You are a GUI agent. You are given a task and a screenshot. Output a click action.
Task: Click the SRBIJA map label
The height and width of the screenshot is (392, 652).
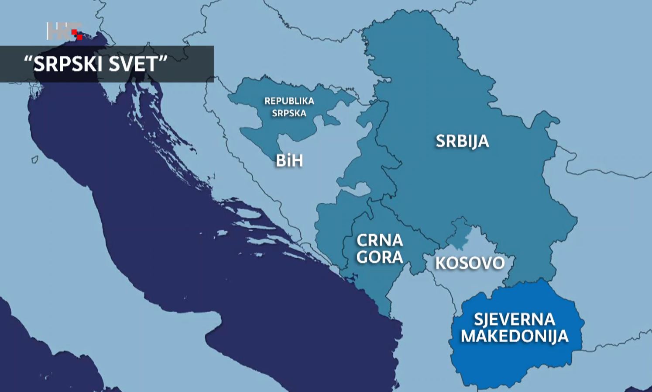[x=462, y=141]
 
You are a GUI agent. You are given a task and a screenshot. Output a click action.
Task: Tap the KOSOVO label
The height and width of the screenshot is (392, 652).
[x=470, y=263]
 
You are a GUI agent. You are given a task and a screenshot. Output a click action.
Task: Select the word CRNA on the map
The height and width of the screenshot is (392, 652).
[x=379, y=240]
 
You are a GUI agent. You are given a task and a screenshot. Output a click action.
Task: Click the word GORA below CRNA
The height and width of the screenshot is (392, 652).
[x=379, y=257]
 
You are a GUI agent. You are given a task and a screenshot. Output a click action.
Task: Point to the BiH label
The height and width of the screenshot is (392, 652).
[x=289, y=161]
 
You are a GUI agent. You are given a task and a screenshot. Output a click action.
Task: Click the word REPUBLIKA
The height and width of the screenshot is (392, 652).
[x=289, y=101]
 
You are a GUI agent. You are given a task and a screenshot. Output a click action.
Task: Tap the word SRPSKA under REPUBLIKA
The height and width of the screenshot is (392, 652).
[x=289, y=113]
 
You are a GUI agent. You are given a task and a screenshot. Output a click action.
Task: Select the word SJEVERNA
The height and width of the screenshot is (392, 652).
[x=514, y=319]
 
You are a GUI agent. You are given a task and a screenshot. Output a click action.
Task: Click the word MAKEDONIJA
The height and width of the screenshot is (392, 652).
[x=515, y=336]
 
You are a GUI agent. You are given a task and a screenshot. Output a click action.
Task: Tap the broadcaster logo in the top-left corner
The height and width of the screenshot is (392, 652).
[x=64, y=31]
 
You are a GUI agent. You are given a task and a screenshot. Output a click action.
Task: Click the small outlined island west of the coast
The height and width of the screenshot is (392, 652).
[x=35, y=159]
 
